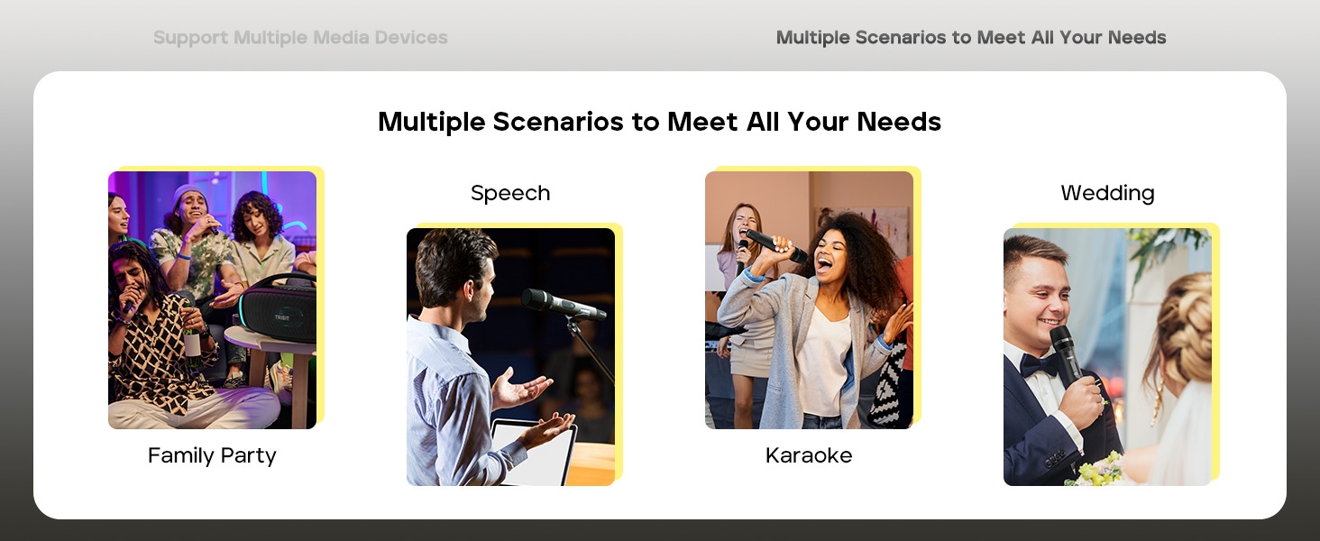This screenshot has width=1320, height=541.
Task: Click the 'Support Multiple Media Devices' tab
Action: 300,38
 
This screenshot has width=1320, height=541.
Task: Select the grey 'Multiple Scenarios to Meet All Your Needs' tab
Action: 971,38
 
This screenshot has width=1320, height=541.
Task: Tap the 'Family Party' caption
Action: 212,455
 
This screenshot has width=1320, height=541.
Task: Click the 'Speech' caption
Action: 510,193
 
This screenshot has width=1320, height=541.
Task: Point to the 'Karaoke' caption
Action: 809,455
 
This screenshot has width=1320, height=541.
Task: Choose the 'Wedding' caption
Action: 1107,193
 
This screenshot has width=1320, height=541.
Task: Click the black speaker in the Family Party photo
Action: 278,310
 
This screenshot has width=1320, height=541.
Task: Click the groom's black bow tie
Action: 1039,364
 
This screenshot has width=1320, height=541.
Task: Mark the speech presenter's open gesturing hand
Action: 521,390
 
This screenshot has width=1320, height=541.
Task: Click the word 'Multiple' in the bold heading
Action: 431,122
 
